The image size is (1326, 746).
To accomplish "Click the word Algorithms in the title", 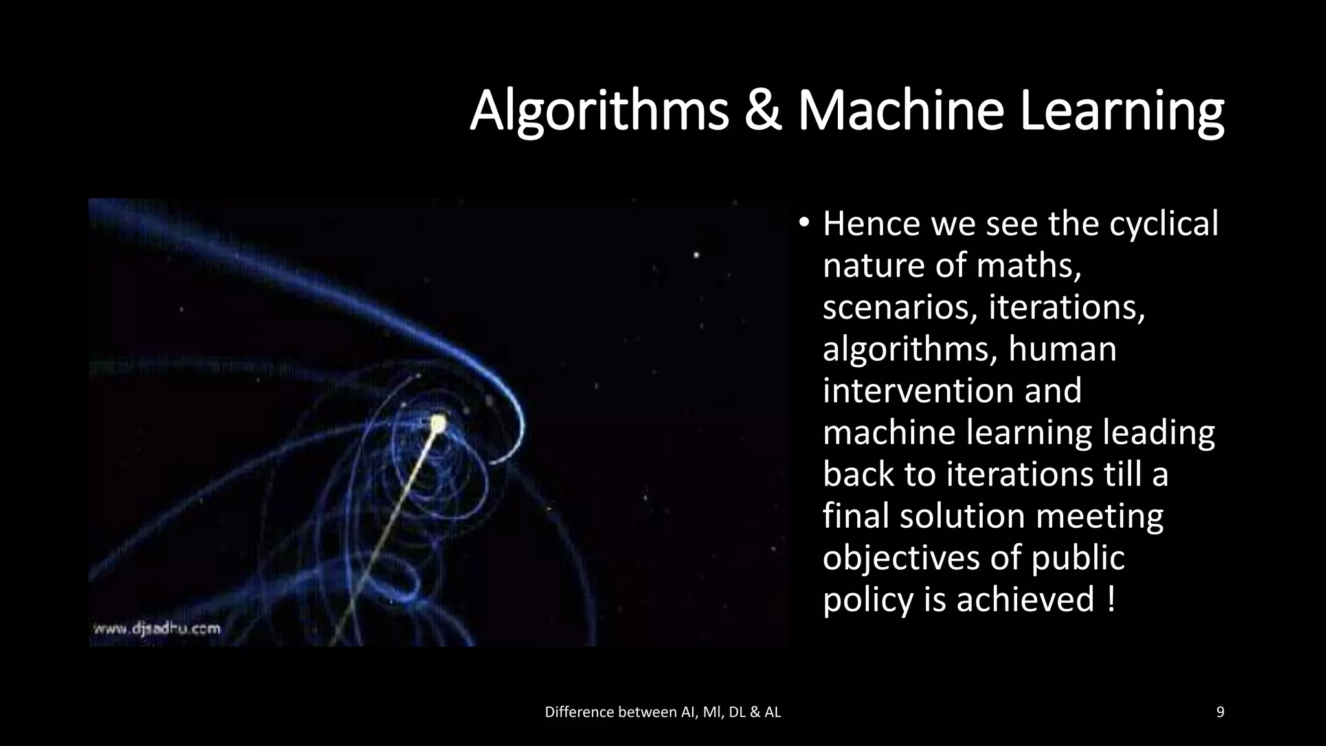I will (x=599, y=111).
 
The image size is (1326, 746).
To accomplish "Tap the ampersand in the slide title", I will (x=763, y=111).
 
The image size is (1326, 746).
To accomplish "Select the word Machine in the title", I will (x=901, y=111).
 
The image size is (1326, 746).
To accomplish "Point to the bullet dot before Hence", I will (x=803, y=223).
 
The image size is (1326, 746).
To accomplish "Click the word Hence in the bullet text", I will (x=871, y=224).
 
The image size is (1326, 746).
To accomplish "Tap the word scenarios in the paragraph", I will (x=899, y=308).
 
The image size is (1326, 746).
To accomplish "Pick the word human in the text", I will (x=1062, y=349).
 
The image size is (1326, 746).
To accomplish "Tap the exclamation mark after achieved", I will (x=1111, y=599).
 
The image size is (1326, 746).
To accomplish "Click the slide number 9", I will (x=1220, y=712).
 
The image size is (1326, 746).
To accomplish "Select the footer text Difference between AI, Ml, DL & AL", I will (x=663, y=712).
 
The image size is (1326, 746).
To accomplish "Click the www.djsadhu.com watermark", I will (x=157, y=628).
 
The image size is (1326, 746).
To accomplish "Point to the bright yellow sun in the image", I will (x=438, y=424).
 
